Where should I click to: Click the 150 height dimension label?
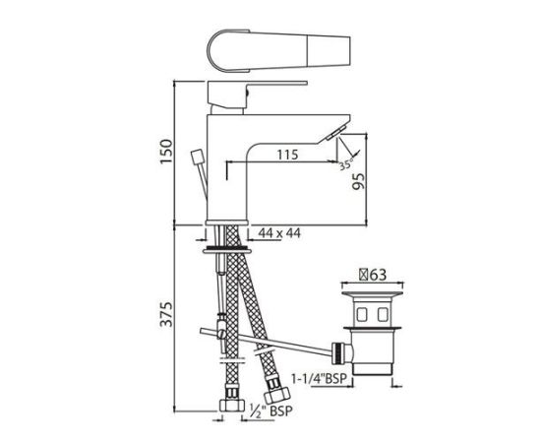(166, 152)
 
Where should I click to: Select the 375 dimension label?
(167, 314)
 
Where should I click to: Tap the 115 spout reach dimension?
(287, 155)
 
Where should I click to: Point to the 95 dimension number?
(358, 181)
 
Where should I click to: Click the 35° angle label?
(345, 163)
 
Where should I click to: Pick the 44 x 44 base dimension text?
(279, 233)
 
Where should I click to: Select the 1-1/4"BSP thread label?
(318, 378)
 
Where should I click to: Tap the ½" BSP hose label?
(270, 411)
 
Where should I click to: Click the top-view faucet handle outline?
(278, 51)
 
